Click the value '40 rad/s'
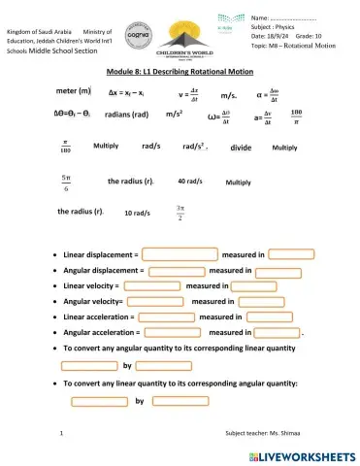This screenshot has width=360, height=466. click(x=190, y=182)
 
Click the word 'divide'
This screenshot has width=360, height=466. click(x=241, y=148)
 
